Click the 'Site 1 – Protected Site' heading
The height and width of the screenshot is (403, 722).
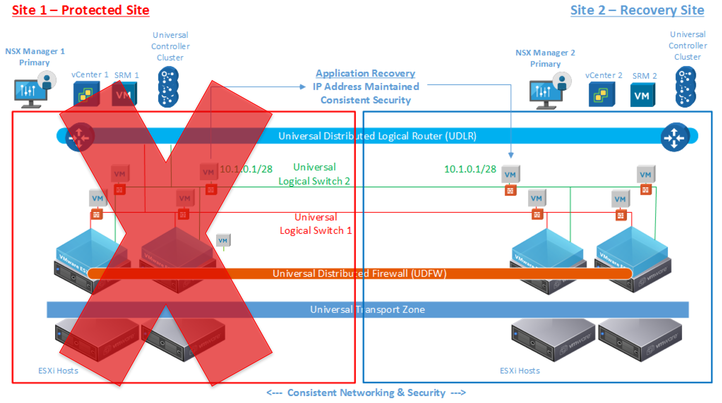click(81, 10)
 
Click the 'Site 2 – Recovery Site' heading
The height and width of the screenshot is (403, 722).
click(637, 10)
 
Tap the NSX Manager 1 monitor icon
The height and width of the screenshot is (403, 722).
click(31, 93)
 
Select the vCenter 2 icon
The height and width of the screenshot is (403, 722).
click(602, 94)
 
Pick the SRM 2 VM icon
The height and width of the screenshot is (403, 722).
click(642, 95)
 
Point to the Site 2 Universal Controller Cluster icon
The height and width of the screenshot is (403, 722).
click(686, 87)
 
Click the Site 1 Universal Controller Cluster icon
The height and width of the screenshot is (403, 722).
click(168, 87)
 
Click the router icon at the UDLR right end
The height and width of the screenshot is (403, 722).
click(675, 137)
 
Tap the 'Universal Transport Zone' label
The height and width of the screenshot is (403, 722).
click(367, 310)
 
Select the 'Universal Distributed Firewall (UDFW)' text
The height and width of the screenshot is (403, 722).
click(359, 274)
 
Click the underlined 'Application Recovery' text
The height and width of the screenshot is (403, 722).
click(365, 73)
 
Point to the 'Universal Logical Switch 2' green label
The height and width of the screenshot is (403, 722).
click(314, 174)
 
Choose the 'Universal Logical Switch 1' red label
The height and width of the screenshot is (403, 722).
click(316, 224)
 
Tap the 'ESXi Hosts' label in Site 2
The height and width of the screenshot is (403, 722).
click(520, 371)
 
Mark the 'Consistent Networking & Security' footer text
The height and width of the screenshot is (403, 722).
click(366, 393)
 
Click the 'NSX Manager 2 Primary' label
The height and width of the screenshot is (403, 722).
click(545, 58)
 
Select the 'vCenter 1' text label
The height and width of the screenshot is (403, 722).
click(90, 75)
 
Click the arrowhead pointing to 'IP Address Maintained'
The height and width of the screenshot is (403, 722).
click(303, 87)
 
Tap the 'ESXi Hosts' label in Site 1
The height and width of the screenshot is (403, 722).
click(58, 371)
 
